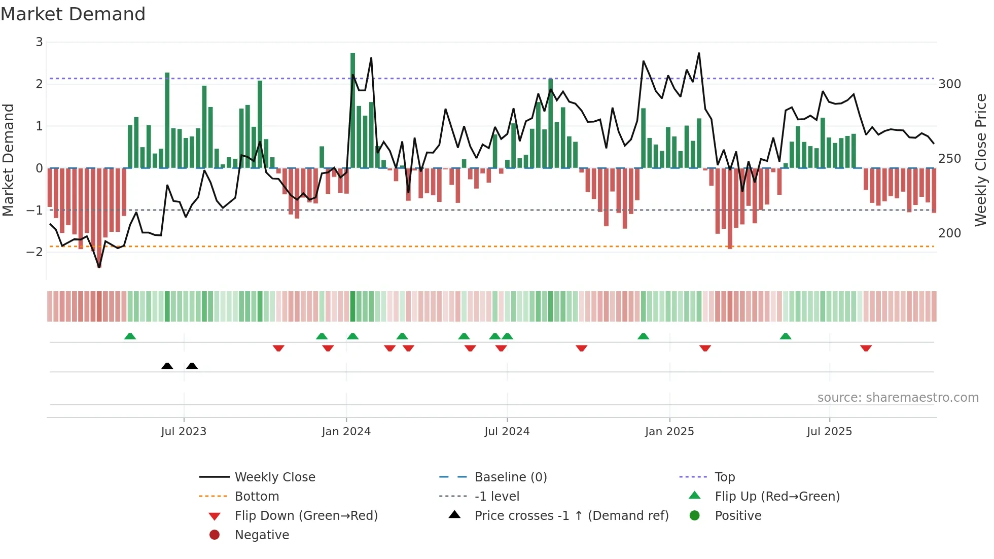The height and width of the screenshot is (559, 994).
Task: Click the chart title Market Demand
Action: pos(73,14)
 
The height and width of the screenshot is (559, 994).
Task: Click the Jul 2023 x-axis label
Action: pos(184,432)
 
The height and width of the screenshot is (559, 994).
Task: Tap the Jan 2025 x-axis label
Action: pos(669,432)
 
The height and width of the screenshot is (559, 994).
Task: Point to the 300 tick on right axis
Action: pos(949,84)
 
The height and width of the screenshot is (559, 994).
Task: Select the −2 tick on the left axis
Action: pos(35,252)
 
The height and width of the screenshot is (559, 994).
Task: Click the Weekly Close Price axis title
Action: pos(981,160)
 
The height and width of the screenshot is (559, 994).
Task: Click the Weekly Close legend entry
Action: pos(275,477)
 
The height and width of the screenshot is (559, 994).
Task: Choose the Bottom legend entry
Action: pos(257,497)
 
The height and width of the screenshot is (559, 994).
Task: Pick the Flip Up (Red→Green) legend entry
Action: pos(777,497)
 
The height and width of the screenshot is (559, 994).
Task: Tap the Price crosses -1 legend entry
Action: pos(572,516)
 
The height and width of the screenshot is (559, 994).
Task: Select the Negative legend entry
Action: pos(262,535)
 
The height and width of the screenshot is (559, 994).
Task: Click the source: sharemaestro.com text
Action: pos(898,398)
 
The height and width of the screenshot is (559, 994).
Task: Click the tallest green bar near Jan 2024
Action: pos(352,109)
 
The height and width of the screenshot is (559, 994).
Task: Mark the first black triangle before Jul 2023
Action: pos(167,366)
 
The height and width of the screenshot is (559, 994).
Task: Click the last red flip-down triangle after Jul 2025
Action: pos(866,348)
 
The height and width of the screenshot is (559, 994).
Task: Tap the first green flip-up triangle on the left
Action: pos(130,336)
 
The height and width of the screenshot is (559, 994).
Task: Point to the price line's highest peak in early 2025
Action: pos(699,53)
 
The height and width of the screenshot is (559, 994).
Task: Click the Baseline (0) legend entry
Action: pos(510,477)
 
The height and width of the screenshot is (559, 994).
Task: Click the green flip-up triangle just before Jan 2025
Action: pos(643,336)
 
